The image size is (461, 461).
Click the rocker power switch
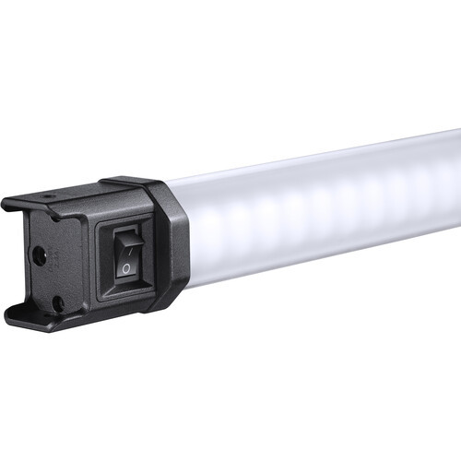127,256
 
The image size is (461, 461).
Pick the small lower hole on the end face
57,301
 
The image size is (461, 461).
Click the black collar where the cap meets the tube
171,244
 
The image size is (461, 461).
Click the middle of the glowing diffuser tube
323,207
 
